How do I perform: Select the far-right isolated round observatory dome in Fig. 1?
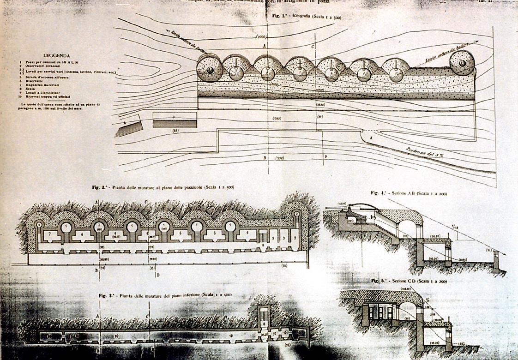click(461, 64)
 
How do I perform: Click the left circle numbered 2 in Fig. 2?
click(40, 225)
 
